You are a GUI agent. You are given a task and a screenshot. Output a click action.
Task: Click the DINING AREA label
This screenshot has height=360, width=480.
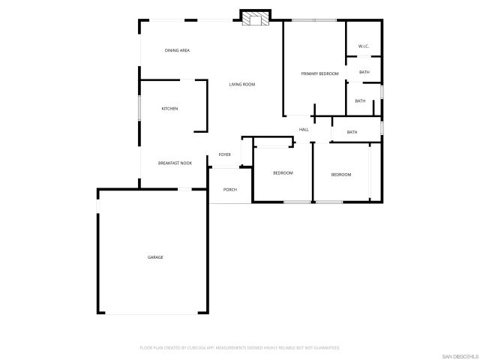177,50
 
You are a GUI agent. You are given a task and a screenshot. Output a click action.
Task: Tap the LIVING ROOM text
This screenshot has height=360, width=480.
242,85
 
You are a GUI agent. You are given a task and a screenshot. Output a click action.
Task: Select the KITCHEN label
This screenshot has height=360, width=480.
170,109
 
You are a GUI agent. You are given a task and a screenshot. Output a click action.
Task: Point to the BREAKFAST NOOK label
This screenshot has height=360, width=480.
175,163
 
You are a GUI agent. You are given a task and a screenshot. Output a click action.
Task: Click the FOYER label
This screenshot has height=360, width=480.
224,154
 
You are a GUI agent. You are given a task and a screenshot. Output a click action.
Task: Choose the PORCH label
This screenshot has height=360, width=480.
230,190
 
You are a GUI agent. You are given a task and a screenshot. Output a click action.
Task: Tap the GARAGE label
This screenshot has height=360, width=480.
155,257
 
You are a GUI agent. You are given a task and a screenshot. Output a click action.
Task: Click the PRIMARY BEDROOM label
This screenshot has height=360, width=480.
320,73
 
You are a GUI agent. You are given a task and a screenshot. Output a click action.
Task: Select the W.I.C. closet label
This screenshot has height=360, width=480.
364,46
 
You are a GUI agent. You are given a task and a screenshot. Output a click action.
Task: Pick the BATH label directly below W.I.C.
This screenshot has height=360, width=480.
364,72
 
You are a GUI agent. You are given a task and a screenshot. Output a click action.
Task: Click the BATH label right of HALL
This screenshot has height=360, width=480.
352,133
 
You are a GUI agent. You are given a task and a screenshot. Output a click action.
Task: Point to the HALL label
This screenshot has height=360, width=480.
304,130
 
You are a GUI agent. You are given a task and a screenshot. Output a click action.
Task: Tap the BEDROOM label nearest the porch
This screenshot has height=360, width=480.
283,173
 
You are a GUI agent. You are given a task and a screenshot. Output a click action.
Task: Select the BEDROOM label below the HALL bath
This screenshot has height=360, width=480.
341,175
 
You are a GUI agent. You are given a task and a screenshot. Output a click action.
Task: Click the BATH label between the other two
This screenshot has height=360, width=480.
360,101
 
